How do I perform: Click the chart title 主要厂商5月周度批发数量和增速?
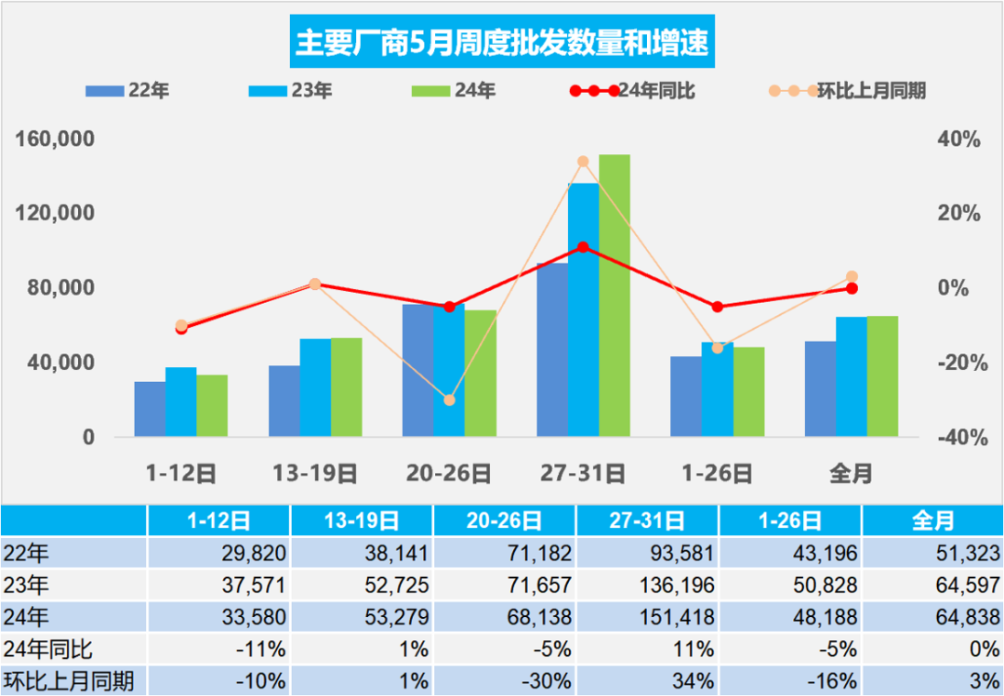point(502,43)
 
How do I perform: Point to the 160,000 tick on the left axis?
point(57,139)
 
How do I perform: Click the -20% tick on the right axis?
point(958,362)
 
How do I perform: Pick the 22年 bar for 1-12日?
point(150,409)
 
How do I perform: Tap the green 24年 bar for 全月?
point(882,376)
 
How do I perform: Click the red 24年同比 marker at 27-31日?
point(583,247)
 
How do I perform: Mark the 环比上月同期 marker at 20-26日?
point(449,401)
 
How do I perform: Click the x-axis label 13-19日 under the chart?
point(314,473)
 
